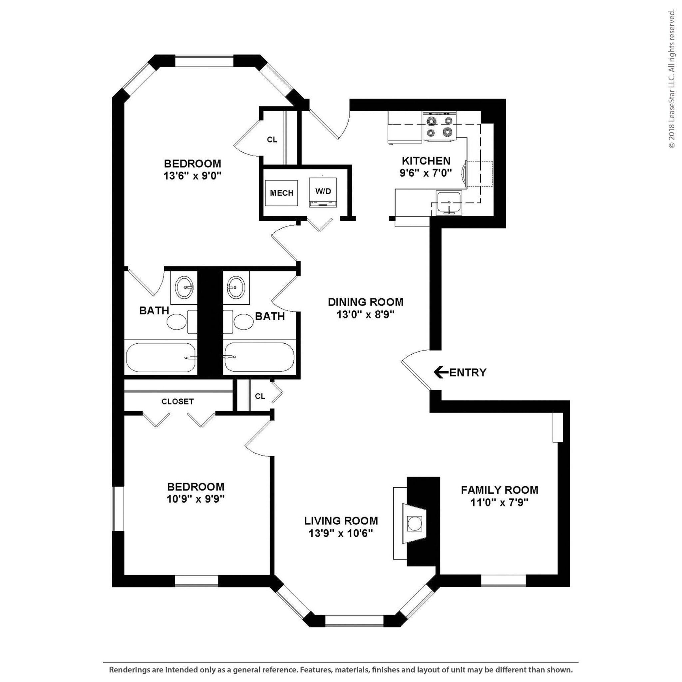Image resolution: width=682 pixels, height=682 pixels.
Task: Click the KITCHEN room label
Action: (426, 161)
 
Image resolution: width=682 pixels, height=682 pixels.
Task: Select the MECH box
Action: (281, 193)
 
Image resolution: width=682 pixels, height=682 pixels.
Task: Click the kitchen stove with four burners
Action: (440, 126)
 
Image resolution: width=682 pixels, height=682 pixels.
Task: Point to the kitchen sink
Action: (449, 202)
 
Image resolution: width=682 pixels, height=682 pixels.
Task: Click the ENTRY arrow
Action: (441, 372)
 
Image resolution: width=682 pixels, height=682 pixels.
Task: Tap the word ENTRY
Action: (468, 372)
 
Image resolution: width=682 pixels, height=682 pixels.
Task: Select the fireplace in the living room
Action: (415, 523)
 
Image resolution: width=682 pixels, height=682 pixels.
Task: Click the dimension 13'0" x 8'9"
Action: (365, 314)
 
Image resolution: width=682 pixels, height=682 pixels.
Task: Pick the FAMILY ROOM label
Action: (499, 490)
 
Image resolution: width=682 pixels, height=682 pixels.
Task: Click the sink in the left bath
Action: (184, 287)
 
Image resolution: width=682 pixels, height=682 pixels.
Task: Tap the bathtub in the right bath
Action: (259, 357)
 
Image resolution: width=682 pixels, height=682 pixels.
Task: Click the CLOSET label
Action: (177, 401)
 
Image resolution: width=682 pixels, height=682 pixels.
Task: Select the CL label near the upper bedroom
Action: (272, 140)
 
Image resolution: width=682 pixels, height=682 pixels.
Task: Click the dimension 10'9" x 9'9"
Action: (195, 499)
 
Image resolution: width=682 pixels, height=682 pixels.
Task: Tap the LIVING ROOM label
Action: (341, 521)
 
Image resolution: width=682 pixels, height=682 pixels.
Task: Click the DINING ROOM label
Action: (365, 302)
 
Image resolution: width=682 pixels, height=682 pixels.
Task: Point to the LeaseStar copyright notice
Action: (671, 80)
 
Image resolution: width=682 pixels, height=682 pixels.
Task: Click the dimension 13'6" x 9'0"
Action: (192, 176)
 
